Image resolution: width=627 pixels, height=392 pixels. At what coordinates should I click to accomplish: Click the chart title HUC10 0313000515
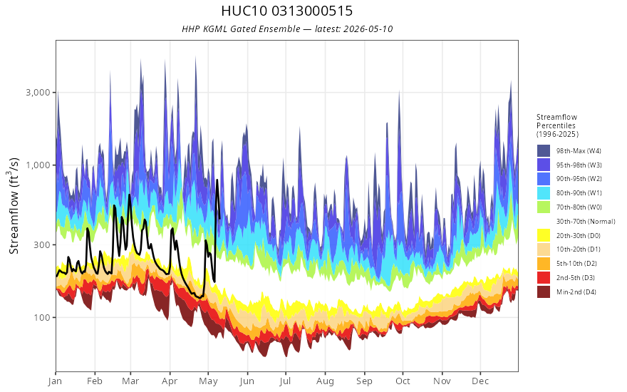(286, 11)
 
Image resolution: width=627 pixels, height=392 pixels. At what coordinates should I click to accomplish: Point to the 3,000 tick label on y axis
(38, 93)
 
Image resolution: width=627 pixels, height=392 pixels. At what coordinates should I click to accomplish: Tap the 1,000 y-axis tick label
(38, 165)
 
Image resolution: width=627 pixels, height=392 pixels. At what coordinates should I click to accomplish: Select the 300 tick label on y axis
(42, 244)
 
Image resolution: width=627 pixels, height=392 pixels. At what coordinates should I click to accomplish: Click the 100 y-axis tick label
(42, 318)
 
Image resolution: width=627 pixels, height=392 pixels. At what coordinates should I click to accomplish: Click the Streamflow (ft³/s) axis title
(14, 206)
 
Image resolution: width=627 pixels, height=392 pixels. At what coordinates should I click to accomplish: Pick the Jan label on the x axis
(56, 381)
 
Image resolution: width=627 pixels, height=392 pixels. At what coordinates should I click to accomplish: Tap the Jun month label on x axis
(247, 381)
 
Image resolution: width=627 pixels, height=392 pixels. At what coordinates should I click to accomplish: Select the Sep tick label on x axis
(364, 381)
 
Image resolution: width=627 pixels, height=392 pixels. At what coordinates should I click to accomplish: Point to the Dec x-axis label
(480, 381)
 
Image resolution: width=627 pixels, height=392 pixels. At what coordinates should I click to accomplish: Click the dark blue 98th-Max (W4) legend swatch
(544, 151)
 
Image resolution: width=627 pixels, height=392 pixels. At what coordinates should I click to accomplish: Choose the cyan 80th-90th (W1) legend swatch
(544, 193)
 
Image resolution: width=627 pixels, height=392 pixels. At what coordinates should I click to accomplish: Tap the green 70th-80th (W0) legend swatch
(544, 207)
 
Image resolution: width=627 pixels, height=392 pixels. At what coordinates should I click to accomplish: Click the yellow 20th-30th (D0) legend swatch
(544, 235)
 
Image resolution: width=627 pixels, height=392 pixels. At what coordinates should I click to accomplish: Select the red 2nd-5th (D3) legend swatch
(544, 277)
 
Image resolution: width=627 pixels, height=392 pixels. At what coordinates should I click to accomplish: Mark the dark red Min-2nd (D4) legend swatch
(544, 292)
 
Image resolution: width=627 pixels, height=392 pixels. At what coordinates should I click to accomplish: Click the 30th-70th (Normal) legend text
(586, 221)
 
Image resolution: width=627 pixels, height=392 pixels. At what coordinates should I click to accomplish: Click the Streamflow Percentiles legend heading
(557, 125)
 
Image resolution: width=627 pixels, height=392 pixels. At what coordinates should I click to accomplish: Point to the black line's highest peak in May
(217, 180)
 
